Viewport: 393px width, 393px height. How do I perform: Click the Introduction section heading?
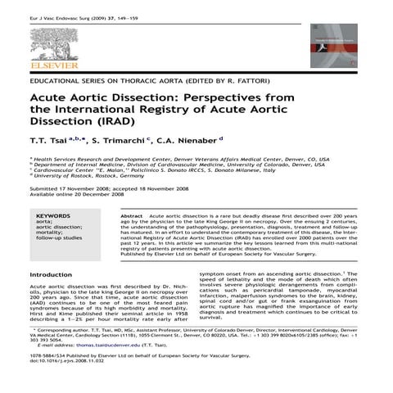(x=51, y=274)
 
